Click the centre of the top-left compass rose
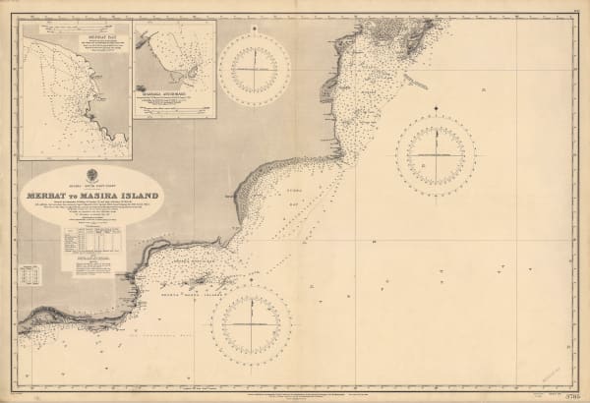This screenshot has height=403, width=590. point(257,62)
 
